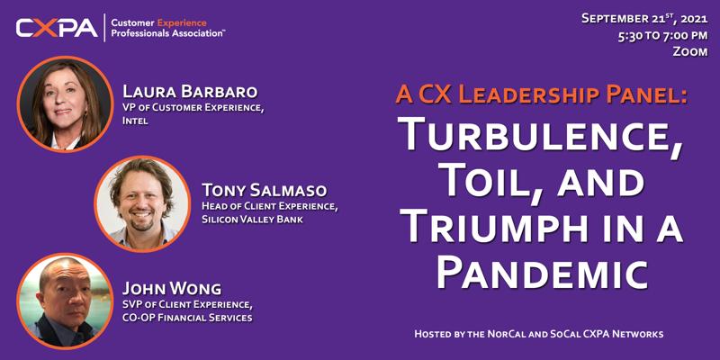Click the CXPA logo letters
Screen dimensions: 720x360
point(57,28)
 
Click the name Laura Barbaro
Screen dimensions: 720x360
point(190,92)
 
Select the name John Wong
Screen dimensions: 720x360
point(172,289)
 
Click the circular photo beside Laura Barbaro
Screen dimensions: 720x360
point(65,104)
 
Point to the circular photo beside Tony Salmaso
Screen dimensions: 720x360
point(142,204)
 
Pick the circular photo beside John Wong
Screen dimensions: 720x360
point(65,301)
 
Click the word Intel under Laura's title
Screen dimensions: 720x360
point(135,122)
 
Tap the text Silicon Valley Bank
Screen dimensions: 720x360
point(252,220)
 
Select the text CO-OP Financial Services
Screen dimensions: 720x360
point(187,318)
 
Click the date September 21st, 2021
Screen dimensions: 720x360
point(644,19)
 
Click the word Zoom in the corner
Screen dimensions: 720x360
point(690,52)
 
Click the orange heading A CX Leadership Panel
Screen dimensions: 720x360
point(542,95)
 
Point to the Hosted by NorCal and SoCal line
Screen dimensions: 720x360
point(539,334)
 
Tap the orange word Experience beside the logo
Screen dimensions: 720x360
point(182,22)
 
